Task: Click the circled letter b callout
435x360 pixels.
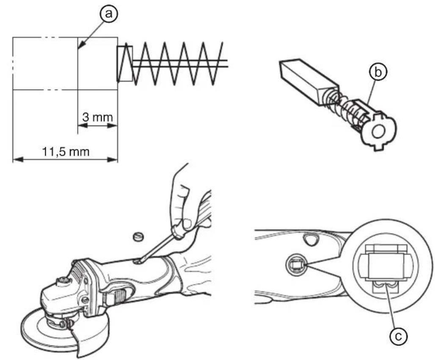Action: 377,72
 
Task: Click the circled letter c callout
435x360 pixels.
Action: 398,336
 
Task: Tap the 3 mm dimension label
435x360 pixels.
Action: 97,117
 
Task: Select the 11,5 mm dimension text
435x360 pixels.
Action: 66,152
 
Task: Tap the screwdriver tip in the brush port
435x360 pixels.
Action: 138,261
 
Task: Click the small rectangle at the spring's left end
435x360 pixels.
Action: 125,63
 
